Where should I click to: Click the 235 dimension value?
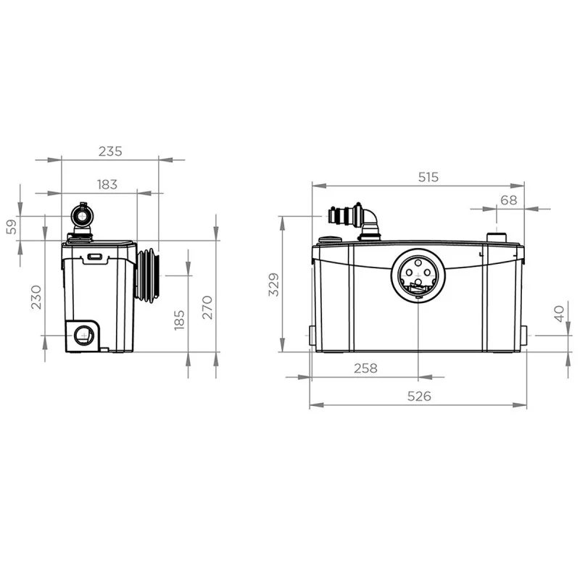[x=110, y=152]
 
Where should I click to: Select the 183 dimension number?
[x=107, y=184]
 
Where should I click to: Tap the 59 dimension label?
[x=12, y=227]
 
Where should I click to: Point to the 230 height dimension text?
[x=36, y=297]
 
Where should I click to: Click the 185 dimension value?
[x=179, y=320]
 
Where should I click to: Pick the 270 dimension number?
[x=207, y=307]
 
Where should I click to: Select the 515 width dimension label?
[x=428, y=177]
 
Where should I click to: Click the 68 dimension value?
[x=509, y=200]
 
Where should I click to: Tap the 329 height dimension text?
[x=274, y=284]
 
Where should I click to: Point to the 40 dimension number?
[x=559, y=314]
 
